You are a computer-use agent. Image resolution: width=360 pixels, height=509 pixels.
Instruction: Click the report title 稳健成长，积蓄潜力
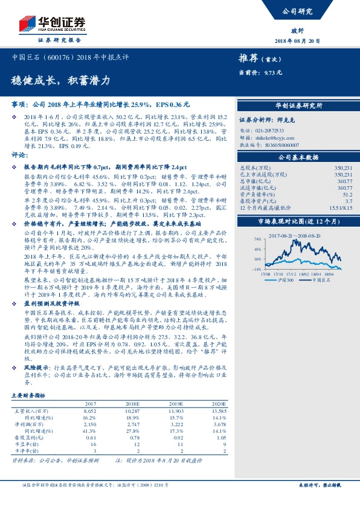click(61, 80)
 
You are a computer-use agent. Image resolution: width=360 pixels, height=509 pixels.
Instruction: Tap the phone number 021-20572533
click(275, 130)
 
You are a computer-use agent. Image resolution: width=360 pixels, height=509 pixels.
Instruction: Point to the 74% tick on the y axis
click(258, 240)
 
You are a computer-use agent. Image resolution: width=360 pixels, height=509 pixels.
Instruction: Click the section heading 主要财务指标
click(28, 395)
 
